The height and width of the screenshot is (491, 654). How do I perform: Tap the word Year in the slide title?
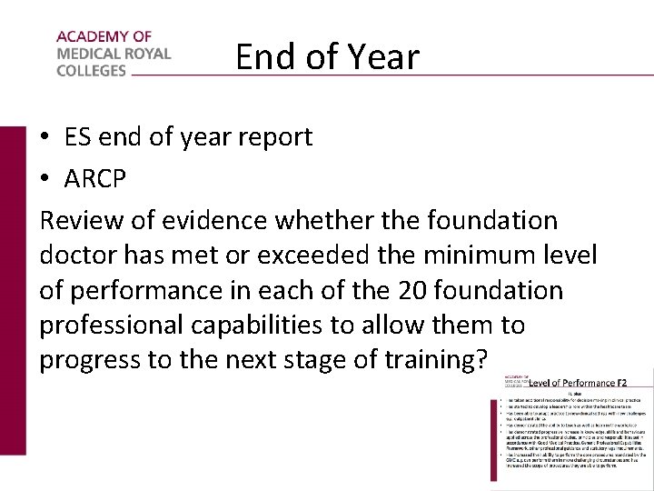[x=382, y=57]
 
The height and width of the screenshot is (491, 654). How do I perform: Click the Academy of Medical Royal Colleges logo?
[x=113, y=54]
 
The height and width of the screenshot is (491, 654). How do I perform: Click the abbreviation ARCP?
[x=94, y=179]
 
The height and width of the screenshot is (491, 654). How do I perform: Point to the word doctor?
[x=77, y=256]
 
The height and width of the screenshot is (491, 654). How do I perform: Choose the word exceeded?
[x=314, y=256]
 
